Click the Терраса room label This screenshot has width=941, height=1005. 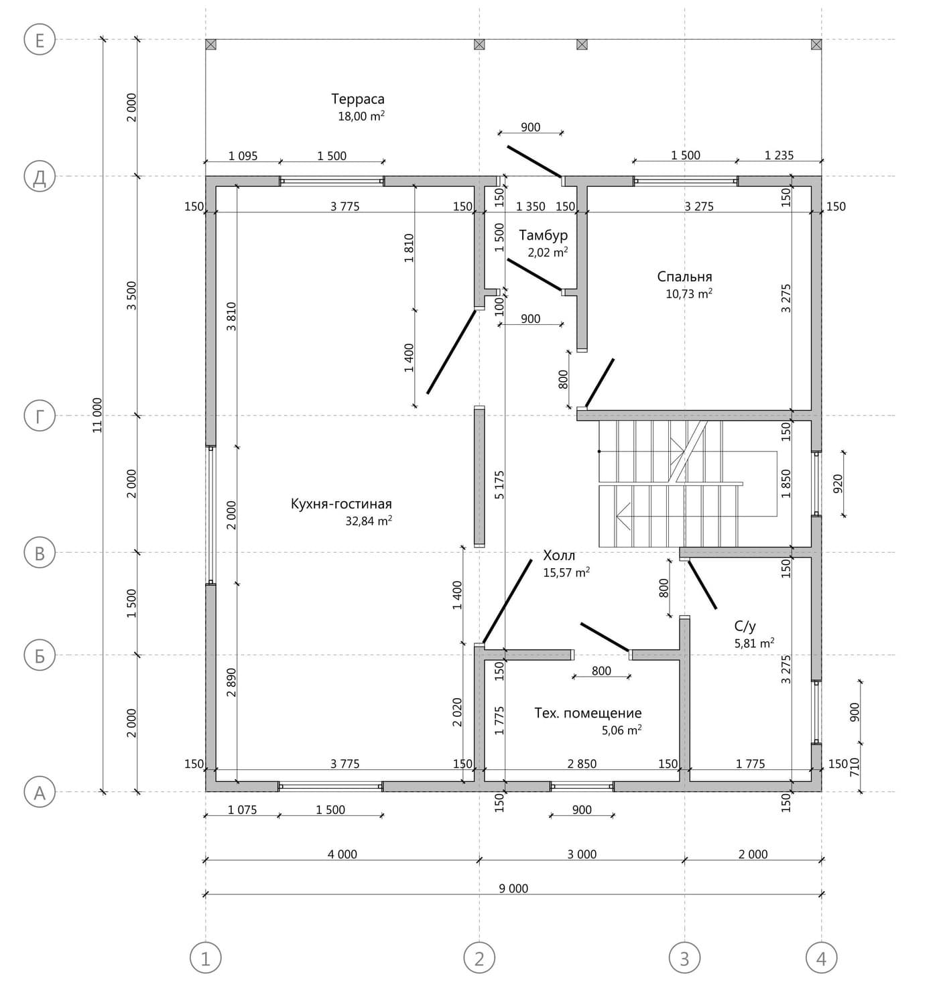click(357, 98)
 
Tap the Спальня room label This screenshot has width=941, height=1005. click(684, 276)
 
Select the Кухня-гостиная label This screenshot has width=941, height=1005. click(341, 504)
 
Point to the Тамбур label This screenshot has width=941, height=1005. click(543, 234)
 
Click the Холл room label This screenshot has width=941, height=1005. click(558, 555)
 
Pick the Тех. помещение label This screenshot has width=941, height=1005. click(588, 713)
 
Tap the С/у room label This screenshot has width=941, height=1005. click(745, 626)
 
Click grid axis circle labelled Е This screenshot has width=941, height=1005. click(40, 40)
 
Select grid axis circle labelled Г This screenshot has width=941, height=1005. click(40, 415)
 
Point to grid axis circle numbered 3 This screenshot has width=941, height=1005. click(684, 958)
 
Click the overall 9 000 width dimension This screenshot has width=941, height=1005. click(513, 888)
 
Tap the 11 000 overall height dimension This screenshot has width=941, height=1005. click(97, 415)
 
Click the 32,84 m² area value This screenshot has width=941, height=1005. click(369, 520)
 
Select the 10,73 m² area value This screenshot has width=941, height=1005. click(689, 293)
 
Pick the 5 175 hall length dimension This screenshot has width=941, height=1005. click(499, 485)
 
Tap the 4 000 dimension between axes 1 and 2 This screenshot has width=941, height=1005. click(342, 854)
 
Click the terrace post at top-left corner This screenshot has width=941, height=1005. click(211, 44)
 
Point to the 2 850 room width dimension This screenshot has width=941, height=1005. click(582, 764)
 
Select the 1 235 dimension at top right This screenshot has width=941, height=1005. click(779, 155)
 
